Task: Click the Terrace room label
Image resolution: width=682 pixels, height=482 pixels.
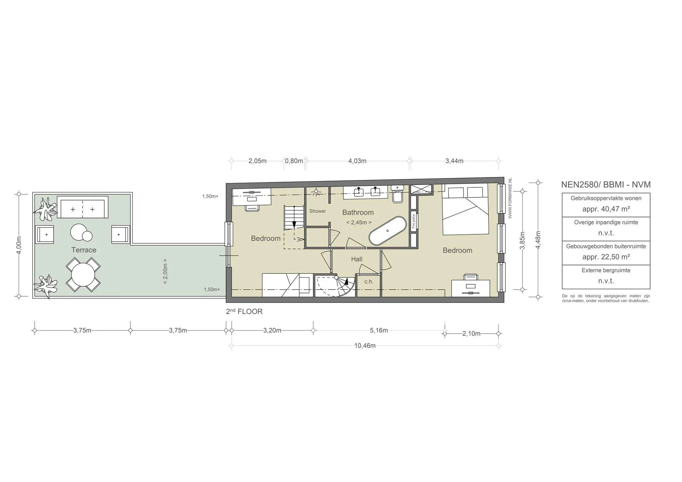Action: pyautogui.click(x=84, y=250)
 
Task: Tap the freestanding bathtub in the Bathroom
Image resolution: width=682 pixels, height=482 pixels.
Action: pyautogui.click(x=388, y=231)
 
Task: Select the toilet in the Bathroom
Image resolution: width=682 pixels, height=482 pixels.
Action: pyautogui.click(x=398, y=194)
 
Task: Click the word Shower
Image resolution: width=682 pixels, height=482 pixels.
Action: pyautogui.click(x=317, y=211)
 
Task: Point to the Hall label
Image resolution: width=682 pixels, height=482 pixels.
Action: pyautogui.click(x=357, y=259)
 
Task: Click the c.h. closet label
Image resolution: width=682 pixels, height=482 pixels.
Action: pyautogui.click(x=369, y=282)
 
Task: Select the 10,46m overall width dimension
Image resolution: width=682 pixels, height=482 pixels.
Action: pyautogui.click(x=365, y=346)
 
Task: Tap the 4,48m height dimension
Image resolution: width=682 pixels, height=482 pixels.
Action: pyautogui.click(x=538, y=239)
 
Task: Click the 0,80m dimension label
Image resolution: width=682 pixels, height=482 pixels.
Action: pyautogui.click(x=294, y=161)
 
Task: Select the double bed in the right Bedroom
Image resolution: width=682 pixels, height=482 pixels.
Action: pyautogui.click(x=466, y=210)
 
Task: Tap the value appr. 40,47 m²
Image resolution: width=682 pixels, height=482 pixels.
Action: pyautogui.click(x=606, y=209)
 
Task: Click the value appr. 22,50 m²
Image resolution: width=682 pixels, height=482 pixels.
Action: pyautogui.click(x=606, y=257)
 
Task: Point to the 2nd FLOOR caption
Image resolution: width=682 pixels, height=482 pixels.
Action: pyautogui.click(x=244, y=312)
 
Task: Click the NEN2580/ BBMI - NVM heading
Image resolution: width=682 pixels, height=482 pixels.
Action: pyautogui.click(x=606, y=184)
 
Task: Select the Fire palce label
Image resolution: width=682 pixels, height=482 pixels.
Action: pyautogui.click(x=414, y=221)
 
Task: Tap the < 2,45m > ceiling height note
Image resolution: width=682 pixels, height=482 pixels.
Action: pyautogui.click(x=359, y=222)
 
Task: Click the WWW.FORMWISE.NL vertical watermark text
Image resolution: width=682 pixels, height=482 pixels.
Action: pyautogui.click(x=510, y=198)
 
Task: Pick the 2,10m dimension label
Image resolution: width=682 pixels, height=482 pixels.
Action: pyautogui.click(x=471, y=334)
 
